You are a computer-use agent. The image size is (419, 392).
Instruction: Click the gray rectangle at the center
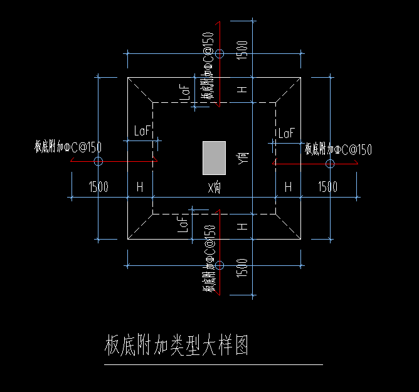point(214,157)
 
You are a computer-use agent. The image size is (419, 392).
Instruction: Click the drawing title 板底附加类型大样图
point(177,346)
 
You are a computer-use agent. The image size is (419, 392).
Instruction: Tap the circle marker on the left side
point(98,162)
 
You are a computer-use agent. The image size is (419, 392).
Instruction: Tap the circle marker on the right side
point(331,163)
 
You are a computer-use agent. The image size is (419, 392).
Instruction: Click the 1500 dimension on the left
point(98,187)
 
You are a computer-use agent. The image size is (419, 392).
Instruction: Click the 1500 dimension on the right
point(327,187)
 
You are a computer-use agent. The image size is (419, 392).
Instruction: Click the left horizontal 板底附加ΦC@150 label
point(68,147)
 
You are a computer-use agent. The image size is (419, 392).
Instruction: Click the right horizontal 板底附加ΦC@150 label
point(339,149)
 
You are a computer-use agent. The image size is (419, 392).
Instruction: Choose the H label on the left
point(139,187)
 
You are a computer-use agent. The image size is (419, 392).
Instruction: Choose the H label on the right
point(289,187)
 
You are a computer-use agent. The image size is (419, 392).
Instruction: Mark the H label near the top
point(243,90)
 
